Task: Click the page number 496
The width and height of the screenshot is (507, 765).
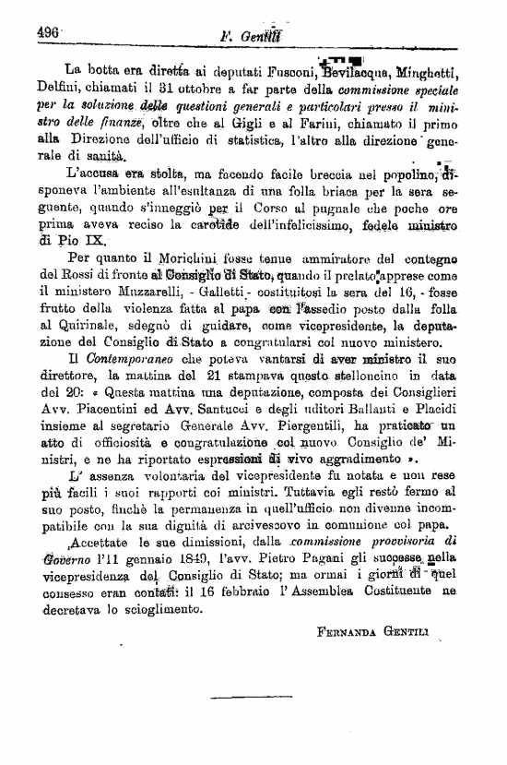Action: [x=48, y=30]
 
